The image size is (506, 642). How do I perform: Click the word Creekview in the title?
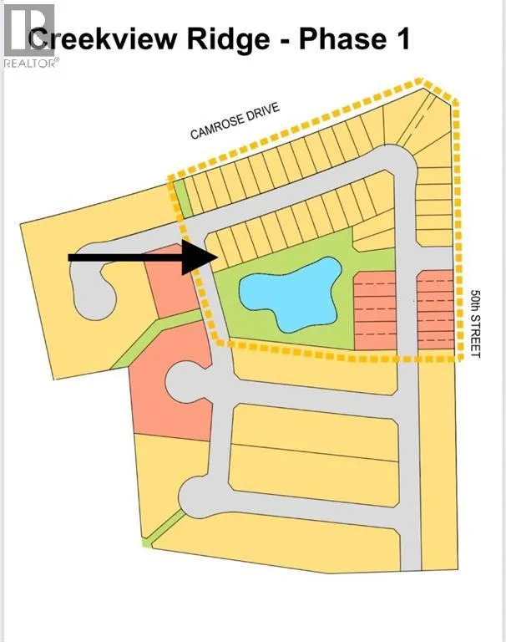[x=104, y=39]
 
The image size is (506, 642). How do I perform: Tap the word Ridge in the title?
[x=229, y=40]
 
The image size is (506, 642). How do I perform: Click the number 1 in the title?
[x=402, y=39]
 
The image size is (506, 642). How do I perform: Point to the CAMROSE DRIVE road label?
[x=235, y=120]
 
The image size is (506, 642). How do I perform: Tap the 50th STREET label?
[x=475, y=324]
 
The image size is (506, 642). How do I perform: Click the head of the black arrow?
[x=199, y=257]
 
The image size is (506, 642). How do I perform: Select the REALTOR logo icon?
[x=29, y=29]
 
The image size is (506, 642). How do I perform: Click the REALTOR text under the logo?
[x=31, y=63]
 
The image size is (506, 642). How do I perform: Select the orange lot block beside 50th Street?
[x=436, y=310]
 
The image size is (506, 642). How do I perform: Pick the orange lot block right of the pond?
[x=375, y=310]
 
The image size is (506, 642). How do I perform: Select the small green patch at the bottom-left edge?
[x=146, y=543]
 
